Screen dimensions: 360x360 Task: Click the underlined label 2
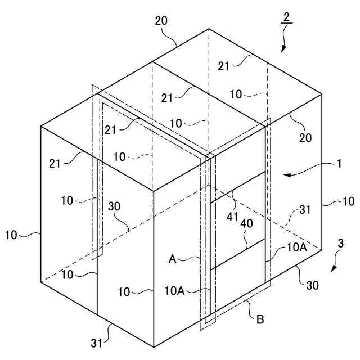pyautogui.click(x=286, y=17)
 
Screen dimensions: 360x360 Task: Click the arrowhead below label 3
pyautogui.click(x=332, y=269)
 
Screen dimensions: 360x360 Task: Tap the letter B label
pyautogui.click(x=260, y=320)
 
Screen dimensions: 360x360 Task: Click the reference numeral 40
pyautogui.click(x=246, y=223)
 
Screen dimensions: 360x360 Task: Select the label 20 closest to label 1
pyautogui.click(x=306, y=137)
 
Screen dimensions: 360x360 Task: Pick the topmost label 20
pyautogui.click(x=162, y=21)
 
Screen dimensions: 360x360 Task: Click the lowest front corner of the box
pyautogui.click(x=153, y=347)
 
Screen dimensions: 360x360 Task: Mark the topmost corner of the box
pyautogui.click(x=209, y=29)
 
